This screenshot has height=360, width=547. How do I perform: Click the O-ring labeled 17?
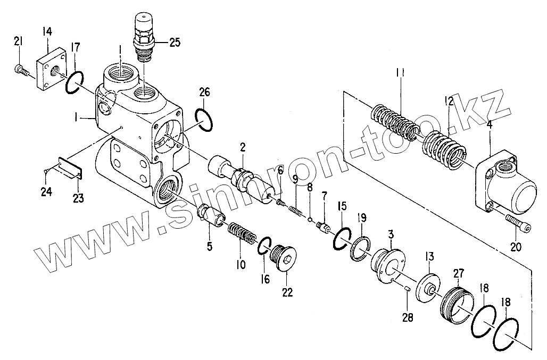click(73, 83)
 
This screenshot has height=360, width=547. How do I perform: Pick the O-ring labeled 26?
click(204, 120)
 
